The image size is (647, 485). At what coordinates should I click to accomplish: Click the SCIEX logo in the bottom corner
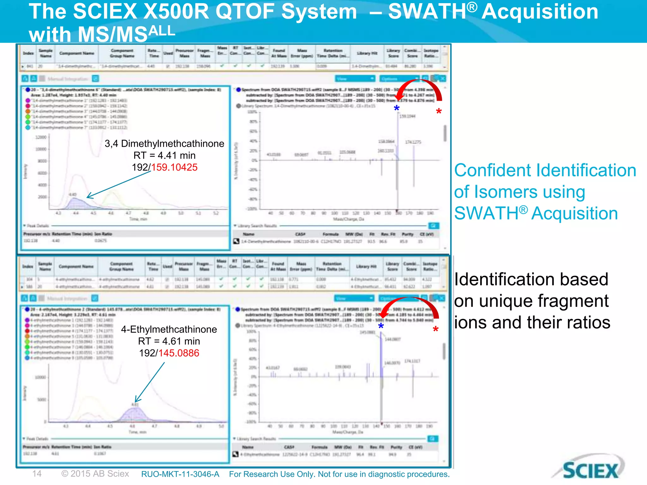click(x=590, y=470)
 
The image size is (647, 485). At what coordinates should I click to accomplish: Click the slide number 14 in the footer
click(x=37, y=474)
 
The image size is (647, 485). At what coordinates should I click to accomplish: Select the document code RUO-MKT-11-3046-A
click(x=180, y=474)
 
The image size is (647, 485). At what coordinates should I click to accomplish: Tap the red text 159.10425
click(x=174, y=167)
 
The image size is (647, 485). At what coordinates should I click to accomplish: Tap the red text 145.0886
click(x=179, y=353)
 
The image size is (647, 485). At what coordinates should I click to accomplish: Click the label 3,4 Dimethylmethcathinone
click(x=164, y=144)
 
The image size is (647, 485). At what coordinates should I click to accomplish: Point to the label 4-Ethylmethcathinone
click(x=169, y=329)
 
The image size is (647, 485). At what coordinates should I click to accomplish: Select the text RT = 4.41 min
click(x=164, y=155)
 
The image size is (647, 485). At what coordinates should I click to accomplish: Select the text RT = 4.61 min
click(x=169, y=341)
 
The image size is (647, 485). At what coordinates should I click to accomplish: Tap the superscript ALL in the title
click(x=162, y=31)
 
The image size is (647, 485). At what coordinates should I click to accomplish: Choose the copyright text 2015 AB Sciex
click(x=95, y=474)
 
